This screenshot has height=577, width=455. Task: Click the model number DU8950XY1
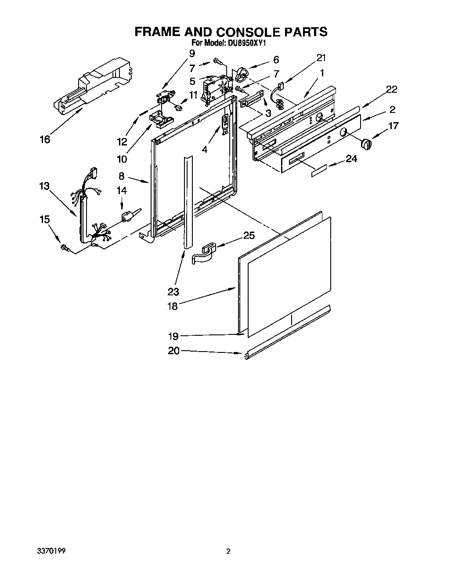[247, 44]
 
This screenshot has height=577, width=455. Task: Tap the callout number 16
[45, 139]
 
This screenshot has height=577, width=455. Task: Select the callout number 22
[391, 90]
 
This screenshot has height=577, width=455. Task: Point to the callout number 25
[249, 236]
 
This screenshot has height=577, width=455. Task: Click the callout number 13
[44, 186]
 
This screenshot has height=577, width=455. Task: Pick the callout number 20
[174, 351]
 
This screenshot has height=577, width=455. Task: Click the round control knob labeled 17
[365, 143]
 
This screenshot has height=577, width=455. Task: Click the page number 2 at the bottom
[228, 551]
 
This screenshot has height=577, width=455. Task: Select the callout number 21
[321, 58]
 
